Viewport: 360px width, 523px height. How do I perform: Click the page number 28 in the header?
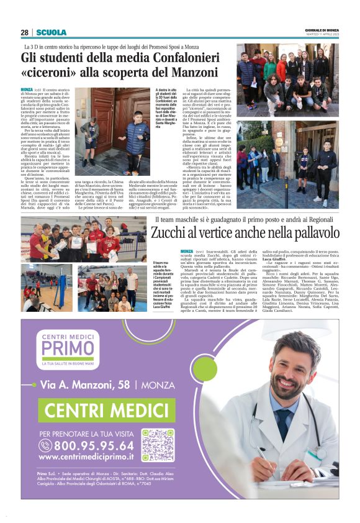(25, 32)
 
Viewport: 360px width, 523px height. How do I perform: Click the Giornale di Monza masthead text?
(321, 30)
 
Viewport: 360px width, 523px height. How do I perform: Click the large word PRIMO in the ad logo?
(69, 347)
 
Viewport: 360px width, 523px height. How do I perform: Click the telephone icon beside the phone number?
(45, 446)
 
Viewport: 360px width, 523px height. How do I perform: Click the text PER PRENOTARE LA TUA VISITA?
(85, 433)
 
